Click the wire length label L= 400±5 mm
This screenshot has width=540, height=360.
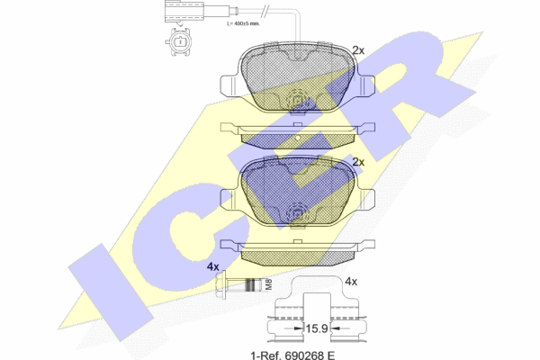(244, 23)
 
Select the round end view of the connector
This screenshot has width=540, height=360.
(179, 41)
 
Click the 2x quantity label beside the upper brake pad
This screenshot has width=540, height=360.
(358, 50)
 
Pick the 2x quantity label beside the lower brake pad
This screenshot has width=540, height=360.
(358, 162)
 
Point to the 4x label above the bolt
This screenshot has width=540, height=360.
(212, 266)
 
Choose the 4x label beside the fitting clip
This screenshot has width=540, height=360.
(351, 282)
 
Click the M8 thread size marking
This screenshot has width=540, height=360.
(269, 284)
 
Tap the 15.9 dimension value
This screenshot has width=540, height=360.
(317, 328)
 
